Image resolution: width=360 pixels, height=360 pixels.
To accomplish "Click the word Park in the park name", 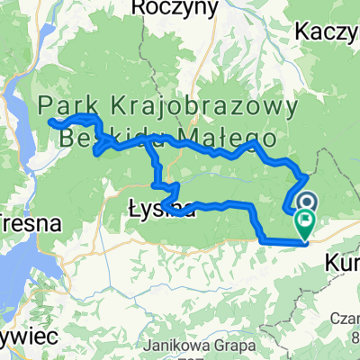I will tap(70, 105).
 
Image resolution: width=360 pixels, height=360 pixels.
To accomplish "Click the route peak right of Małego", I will tap(257, 141).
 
